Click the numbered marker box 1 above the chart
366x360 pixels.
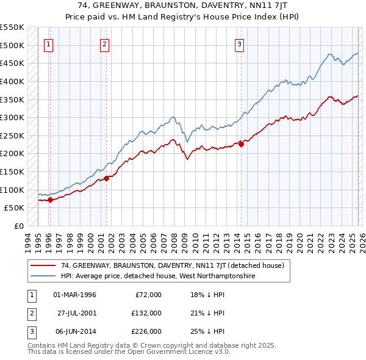pyautogui.click(x=48, y=44)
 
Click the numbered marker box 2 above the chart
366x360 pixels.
pyautogui.click(x=105, y=44)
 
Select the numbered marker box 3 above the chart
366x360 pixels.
pyautogui.click(x=240, y=44)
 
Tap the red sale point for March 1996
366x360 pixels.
pyautogui.click(x=50, y=200)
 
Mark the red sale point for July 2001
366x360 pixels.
pyautogui.click(x=106, y=178)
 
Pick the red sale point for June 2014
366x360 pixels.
pyautogui.click(x=241, y=144)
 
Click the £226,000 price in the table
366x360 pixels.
pyautogui.click(x=147, y=331)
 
